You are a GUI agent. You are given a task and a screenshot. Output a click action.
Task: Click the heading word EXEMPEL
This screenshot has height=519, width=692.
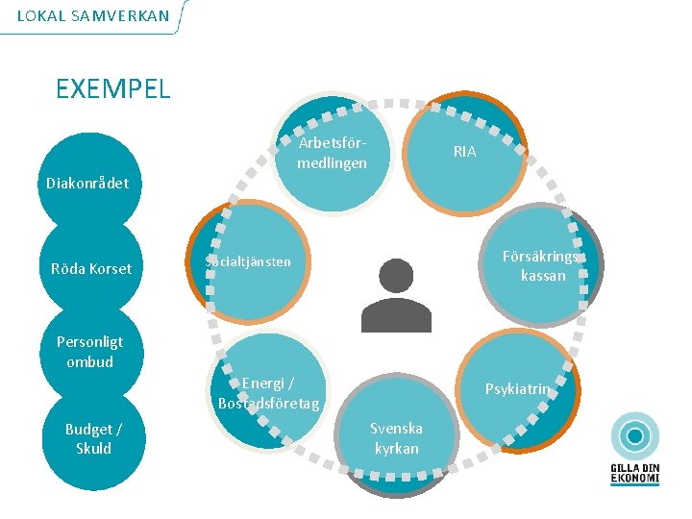tap(112, 89)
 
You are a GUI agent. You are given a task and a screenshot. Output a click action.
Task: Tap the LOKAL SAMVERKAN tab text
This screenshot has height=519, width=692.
tap(93, 15)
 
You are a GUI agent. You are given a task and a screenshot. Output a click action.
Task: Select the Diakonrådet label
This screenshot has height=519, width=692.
tap(86, 183)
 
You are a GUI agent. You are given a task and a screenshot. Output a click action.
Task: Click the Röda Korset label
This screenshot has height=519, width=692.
tap(91, 268)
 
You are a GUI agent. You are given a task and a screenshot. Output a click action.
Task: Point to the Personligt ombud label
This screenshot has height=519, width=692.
tap(89, 351)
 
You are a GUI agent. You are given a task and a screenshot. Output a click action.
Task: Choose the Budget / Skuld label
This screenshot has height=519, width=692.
tap(93, 438)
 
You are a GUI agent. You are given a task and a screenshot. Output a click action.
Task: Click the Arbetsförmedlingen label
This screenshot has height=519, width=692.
tap(332, 153)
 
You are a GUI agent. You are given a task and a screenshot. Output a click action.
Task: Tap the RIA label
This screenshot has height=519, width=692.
tap(464, 152)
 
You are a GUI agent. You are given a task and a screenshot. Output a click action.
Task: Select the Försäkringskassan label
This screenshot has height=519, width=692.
tap(543, 265)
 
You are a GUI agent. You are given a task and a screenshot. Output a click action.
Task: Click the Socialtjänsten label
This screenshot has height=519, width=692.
tap(247, 261)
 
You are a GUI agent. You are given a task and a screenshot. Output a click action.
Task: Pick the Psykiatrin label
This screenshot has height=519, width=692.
tap(518, 389)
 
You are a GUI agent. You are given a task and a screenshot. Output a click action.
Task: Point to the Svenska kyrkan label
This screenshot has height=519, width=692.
tap(397, 437)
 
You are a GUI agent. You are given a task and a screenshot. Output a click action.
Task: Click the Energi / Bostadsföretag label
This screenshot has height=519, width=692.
tap(268, 392)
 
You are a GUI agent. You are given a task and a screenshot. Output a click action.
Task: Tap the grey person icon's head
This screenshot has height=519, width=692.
tap(396, 277)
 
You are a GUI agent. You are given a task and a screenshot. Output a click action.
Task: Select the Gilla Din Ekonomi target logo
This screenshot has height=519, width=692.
tap(635, 436)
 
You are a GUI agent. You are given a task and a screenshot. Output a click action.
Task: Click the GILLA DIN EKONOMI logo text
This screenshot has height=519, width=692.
tap(635, 473)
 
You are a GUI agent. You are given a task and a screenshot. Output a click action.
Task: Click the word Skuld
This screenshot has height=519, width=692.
tap(93, 448)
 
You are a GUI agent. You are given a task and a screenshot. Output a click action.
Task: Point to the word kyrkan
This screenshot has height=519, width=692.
tap(397, 448)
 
